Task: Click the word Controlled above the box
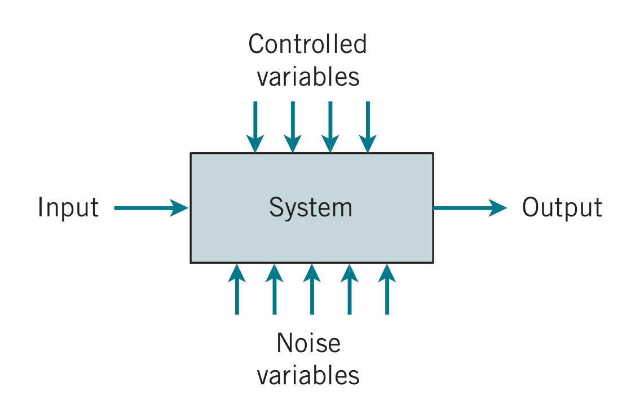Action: [x=307, y=45]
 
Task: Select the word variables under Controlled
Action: [x=308, y=77]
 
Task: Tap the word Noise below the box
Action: [x=308, y=343]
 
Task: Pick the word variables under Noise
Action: [x=308, y=375]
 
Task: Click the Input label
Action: [x=68, y=208]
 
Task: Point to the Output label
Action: [x=562, y=208]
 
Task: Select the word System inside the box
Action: [x=311, y=208]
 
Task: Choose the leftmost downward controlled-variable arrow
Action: [x=255, y=126]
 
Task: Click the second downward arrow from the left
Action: [x=293, y=126]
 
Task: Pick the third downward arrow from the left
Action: [x=330, y=126]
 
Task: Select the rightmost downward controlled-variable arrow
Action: [x=368, y=126]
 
